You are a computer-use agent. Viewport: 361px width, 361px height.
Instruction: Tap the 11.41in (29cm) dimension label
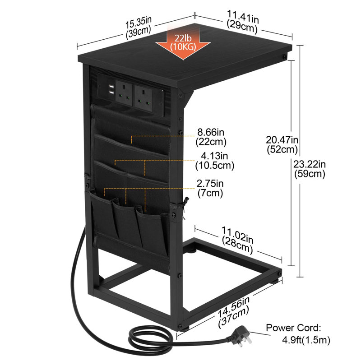tap(242, 22)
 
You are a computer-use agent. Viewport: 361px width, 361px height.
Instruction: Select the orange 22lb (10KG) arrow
tap(183, 42)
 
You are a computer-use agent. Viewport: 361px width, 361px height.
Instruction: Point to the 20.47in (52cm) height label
tap(282, 144)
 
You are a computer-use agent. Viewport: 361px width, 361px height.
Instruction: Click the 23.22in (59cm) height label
tap(310, 169)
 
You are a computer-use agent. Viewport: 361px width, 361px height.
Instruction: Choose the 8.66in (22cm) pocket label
tap(211, 137)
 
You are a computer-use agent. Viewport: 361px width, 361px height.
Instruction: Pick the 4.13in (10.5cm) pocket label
tap(215, 161)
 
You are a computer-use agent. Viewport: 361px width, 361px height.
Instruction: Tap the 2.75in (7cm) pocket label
tap(210, 188)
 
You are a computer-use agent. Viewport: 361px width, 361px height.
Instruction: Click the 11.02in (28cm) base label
tap(237, 240)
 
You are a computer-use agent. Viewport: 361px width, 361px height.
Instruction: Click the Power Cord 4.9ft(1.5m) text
tap(298, 334)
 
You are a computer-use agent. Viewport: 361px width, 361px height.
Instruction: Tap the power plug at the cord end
tap(240, 336)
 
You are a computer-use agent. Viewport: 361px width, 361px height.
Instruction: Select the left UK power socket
tap(124, 93)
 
